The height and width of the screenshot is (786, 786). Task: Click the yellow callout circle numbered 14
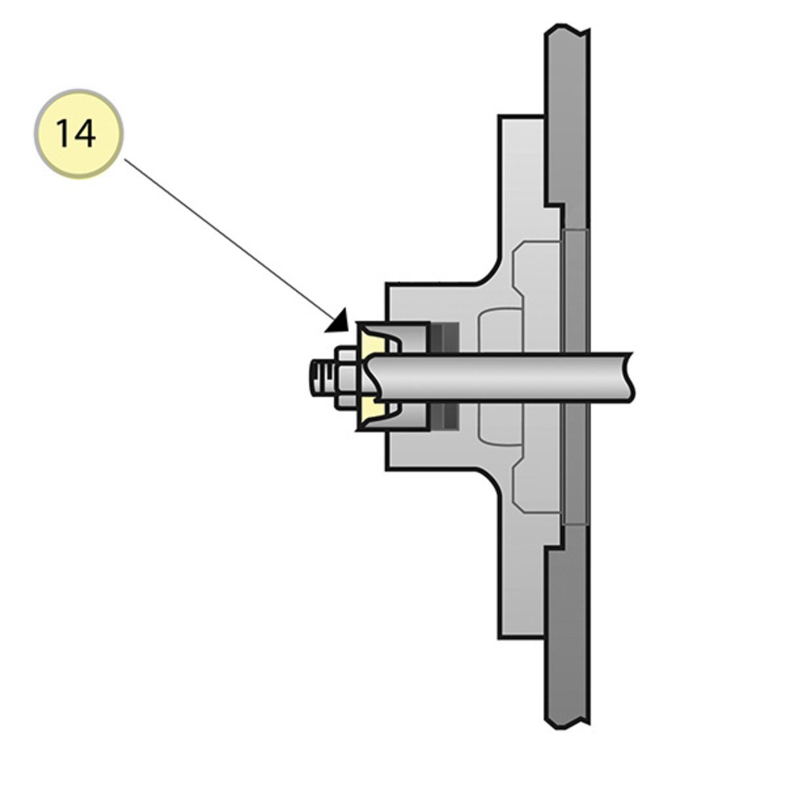79,134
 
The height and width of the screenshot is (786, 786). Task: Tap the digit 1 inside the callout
65,134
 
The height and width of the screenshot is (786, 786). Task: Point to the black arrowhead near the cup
339,322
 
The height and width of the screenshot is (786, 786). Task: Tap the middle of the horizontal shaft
498,377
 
